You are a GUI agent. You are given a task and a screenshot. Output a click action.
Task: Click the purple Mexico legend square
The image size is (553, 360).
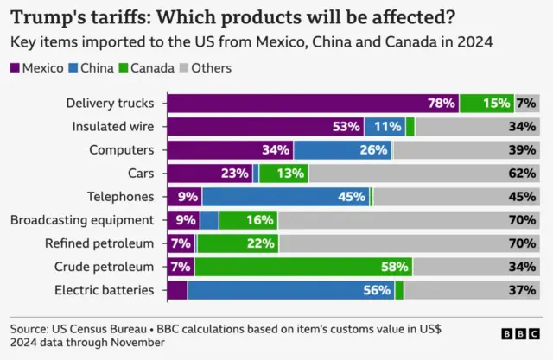pos(15,68)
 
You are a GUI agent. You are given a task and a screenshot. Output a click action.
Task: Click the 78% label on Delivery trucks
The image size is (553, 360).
pos(441,104)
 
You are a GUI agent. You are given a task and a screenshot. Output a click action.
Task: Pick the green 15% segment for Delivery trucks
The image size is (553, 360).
pos(486,104)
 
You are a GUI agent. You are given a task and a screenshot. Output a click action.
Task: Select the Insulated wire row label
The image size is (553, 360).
pos(112,127)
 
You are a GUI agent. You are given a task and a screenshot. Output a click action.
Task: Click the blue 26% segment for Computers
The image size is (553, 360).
pos(343,150)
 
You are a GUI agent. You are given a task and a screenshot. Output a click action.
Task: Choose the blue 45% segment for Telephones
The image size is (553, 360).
pos(285,197)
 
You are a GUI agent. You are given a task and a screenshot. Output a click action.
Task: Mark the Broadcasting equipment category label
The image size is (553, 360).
pos(82,220)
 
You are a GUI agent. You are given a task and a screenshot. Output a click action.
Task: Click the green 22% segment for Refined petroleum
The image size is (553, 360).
pos(238,243)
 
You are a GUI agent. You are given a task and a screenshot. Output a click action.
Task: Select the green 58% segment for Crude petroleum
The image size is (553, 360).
pos(303,267)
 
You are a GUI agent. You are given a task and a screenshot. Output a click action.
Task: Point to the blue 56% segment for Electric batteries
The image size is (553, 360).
pos(291,290)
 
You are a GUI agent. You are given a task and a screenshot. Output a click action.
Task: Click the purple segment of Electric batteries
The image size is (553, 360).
pos(176,290)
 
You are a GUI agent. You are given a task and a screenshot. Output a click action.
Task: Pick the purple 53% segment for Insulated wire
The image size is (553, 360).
pos(264,127)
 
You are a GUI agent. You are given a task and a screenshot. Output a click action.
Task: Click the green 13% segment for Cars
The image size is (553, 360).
pos(283,174)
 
